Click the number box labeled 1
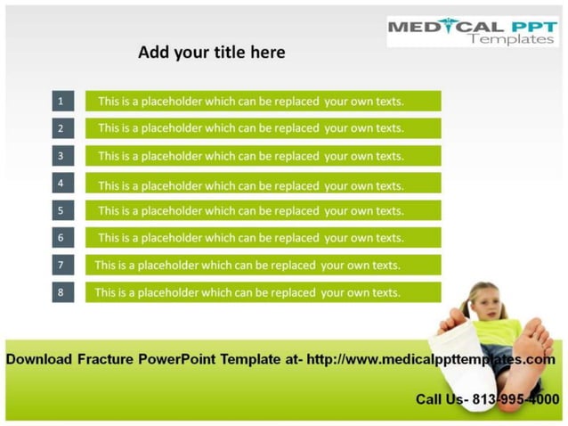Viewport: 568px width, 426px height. pos(61,101)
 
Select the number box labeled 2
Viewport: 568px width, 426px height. pos(61,128)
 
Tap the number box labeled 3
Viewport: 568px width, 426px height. pos(61,155)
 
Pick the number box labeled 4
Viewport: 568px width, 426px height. pos(61,183)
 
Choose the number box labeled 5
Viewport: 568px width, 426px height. pos(61,210)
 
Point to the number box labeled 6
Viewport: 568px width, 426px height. pos(61,238)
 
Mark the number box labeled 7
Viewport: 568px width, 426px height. pos(61,265)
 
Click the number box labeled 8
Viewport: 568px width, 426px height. pos(61,292)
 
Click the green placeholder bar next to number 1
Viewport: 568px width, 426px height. pos(263,101)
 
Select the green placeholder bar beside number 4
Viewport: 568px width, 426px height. pos(263,184)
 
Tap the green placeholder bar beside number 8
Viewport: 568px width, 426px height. pos(263,292)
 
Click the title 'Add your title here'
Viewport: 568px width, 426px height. pos(212,53)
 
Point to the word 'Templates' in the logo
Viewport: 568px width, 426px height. pos(510,39)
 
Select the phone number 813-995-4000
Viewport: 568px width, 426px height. pos(512,399)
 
